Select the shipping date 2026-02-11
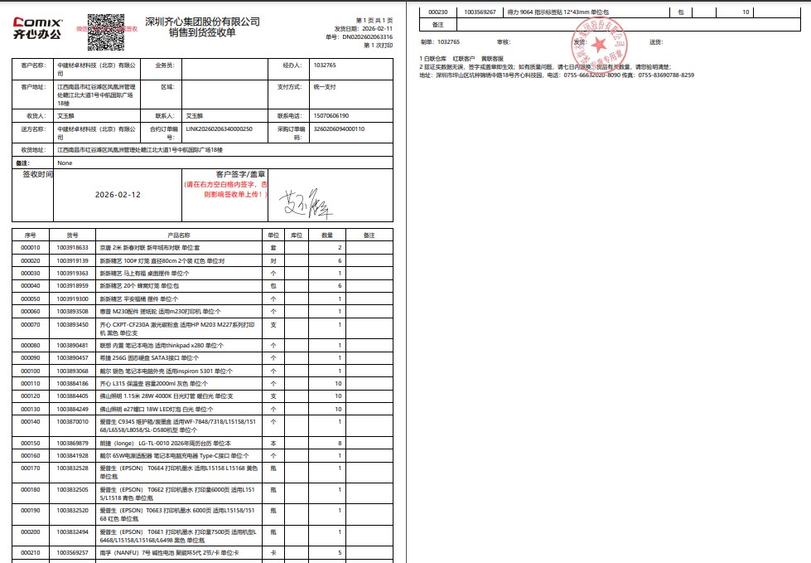coord(376,28)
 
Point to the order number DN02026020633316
coord(368,37)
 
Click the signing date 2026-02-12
coord(118,194)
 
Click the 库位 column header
coord(296,235)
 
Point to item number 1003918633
coord(73,248)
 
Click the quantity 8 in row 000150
coord(340,444)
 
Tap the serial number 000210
coord(31,551)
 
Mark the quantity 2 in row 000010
coord(340,248)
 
